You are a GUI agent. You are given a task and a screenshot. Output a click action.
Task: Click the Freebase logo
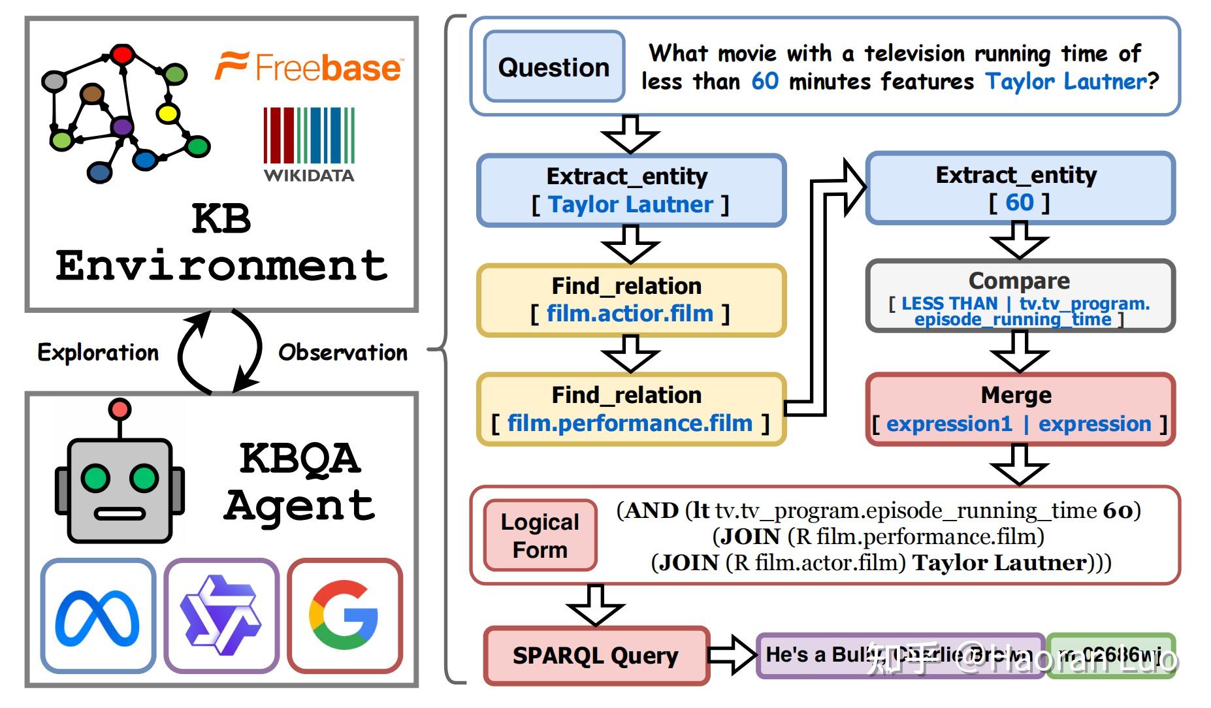click(x=309, y=67)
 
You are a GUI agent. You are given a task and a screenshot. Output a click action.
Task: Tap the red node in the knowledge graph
click(x=122, y=54)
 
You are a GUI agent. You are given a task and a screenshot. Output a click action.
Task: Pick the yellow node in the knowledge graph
click(x=168, y=114)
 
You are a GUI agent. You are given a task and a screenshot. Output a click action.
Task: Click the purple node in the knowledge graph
click(x=122, y=126)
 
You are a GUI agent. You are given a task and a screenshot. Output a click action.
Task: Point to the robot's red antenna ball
click(x=120, y=410)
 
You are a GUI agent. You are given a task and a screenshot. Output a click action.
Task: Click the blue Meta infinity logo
click(x=97, y=616)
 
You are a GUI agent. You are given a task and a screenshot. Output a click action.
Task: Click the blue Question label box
click(x=554, y=67)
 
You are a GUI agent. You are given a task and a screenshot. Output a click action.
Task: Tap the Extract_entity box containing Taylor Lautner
click(x=631, y=190)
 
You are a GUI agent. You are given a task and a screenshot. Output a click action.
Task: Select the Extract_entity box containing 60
click(x=1020, y=188)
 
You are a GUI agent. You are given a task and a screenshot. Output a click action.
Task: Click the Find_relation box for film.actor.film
click(x=631, y=300)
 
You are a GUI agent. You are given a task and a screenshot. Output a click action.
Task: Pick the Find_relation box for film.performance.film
click(x=631, y=409)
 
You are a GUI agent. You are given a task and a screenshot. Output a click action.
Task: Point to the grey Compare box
click(x=1020, y=296)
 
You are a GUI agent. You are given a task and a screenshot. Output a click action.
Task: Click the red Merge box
click(x=1020, y=409)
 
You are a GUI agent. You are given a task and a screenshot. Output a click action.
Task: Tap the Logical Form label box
click(x=540, y=536)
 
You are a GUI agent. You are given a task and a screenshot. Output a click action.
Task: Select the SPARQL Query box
click(x=596, y=655)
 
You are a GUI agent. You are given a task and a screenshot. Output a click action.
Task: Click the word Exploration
click(x=98, y=352)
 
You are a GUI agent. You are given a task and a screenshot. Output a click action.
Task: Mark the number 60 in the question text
click(x=765, y=81)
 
